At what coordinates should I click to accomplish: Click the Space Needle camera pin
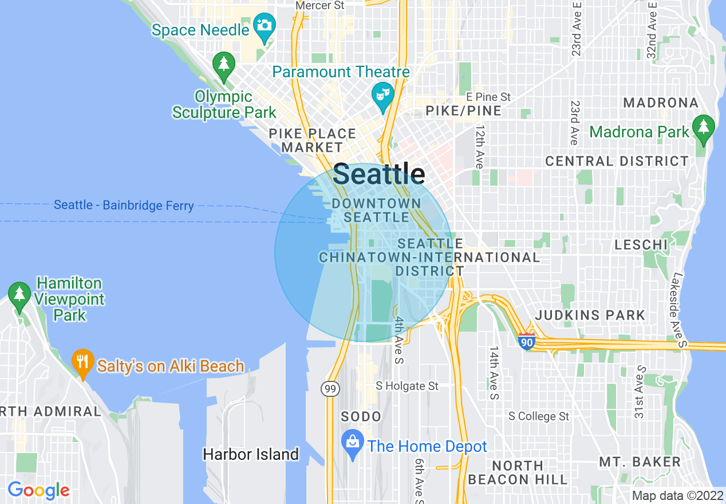coord(265,26)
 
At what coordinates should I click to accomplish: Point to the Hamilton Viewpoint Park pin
coord(20,295)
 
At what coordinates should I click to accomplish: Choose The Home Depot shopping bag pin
coord(353,443)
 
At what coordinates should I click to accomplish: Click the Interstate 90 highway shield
coord(527,341)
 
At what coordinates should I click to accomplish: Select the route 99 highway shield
coord(331,389)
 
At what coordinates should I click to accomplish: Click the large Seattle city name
coord(379,174)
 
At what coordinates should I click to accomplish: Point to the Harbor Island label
coord(251,455)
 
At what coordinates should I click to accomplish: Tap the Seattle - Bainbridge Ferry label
coord(124,205)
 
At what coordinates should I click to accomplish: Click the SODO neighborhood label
coord(361,416)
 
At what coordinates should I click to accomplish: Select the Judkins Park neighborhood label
coord(590,315)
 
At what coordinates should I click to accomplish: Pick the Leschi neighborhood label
coord(641,245)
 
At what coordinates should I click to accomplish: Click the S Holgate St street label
coord(407,387)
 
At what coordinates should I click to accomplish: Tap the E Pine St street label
coord(488,97)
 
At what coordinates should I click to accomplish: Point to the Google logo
coord(38,490)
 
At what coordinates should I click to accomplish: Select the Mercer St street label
coord(319,5)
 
